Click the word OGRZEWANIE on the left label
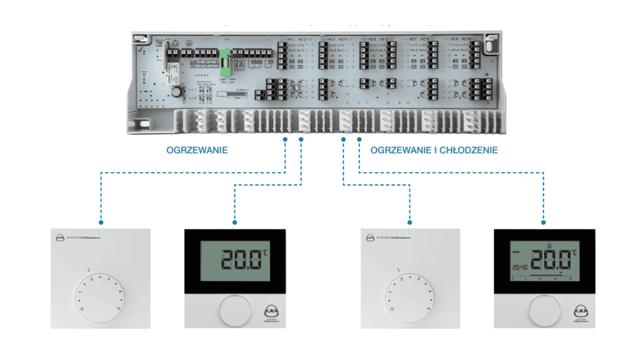(197, 150)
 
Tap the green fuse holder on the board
(225, 63)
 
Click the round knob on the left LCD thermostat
(235, 310)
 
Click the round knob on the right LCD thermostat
(545, 311)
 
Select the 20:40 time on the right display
(520, 267)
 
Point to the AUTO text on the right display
(516, 252)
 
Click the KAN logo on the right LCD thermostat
(581, 312)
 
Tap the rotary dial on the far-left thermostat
(100, 298)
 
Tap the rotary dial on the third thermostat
(410, 298)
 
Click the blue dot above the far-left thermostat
(101, 222)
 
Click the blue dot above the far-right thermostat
(543, 222)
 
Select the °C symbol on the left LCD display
(265, 253)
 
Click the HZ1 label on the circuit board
(291, 39)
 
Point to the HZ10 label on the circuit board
(466, 39)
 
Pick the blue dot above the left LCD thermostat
(235, 222)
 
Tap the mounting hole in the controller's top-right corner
(489, 45)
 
